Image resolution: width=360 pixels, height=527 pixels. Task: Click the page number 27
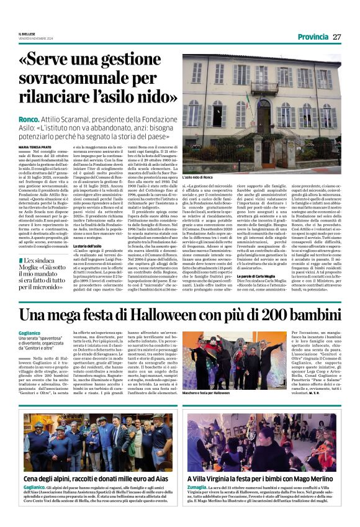pos(337,37)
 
